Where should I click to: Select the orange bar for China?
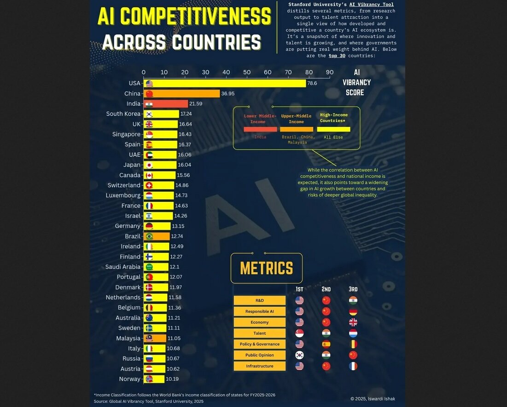[x=181, y=93]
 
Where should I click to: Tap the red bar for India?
[x=166, y=103]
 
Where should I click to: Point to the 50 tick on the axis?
[x=247, y=72]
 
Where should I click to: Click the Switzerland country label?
[x=124, y=185]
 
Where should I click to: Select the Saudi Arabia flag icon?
[x=149, y=267]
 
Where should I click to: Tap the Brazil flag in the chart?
[x=149, y=236]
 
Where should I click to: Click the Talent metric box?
[x=260, y=333]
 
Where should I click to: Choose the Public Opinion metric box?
[x=260, y=355]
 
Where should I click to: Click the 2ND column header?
[x=326, y=289]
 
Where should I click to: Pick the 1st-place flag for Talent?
[x=299, y=333]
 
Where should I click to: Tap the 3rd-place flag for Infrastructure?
[x=353, y=366]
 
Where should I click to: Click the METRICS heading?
[x=267, y=268]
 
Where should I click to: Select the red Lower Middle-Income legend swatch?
[x=260, y=129]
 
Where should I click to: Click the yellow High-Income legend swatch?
[x=333, y=129]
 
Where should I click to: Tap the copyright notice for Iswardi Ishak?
[x=373, y=399]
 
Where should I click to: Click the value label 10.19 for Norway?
[x=172, y=379]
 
